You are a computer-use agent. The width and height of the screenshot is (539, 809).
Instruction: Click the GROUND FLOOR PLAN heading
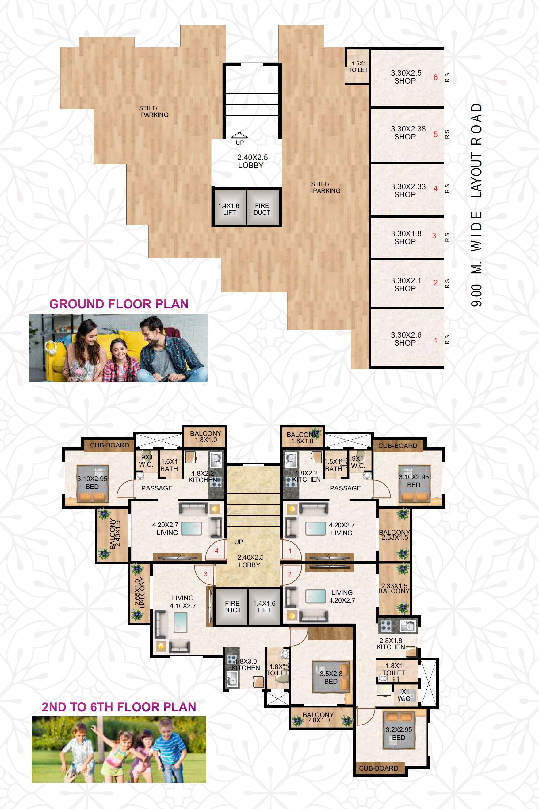(119, 304)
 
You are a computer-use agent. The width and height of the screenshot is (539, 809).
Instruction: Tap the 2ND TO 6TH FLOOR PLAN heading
(119, 707)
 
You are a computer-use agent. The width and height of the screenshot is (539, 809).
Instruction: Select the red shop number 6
(435, 77)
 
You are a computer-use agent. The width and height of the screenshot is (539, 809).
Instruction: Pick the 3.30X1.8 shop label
(406, 237)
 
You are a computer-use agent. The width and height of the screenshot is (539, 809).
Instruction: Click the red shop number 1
(435, 341)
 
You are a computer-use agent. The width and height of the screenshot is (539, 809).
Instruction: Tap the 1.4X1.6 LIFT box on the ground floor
(229, 209)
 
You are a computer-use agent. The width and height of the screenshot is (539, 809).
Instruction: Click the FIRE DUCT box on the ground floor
(262, 209)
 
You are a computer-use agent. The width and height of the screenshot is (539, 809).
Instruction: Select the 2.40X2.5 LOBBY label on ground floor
(252, 161)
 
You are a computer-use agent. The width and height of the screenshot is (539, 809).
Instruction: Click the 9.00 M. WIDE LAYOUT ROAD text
(476, 205)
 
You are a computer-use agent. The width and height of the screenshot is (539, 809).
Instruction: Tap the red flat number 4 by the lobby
(216, 550)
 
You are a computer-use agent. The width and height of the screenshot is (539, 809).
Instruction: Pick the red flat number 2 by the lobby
(289, 574)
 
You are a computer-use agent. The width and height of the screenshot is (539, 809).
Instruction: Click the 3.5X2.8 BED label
(331, 678)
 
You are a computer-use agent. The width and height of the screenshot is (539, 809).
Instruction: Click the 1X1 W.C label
(403, 695)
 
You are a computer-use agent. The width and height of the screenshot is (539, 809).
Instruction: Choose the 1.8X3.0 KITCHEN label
(246, 665)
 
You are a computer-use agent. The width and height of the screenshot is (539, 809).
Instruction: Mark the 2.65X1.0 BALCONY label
(140, 593)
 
